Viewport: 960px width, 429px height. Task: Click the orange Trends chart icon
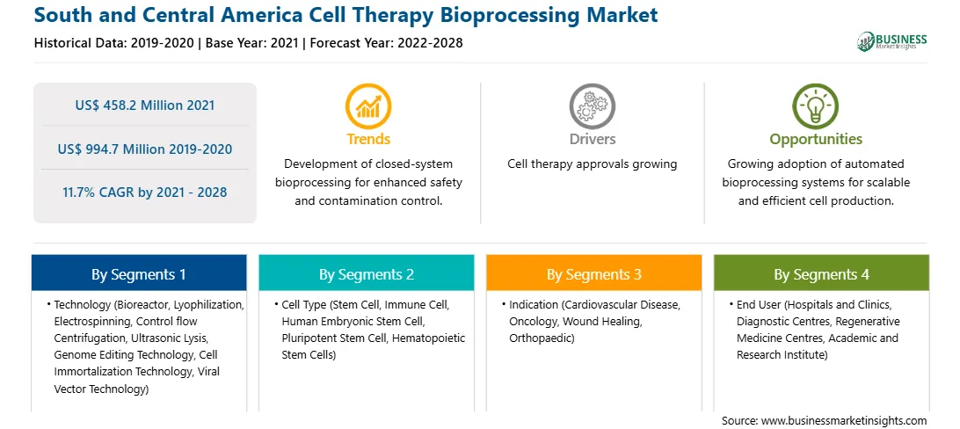[x=368, y=106]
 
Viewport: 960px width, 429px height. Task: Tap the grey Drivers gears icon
[x=592, y=106]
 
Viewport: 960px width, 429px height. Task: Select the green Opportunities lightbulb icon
[x=816, y=106]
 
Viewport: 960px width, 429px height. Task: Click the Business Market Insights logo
[x=892, y=41]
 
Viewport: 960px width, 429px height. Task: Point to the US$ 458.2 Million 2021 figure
[x=145, y=105]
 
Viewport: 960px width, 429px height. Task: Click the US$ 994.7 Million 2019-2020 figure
[x=145, y=149]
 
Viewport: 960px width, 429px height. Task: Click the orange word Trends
[x=368, y=139]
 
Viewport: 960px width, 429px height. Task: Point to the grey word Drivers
[x=592, y=139]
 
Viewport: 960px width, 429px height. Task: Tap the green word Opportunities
[x=816, y=140]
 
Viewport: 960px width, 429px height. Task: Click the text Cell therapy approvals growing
[x=592, y=164]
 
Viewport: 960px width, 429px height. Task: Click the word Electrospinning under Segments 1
[x=92, y=321]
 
